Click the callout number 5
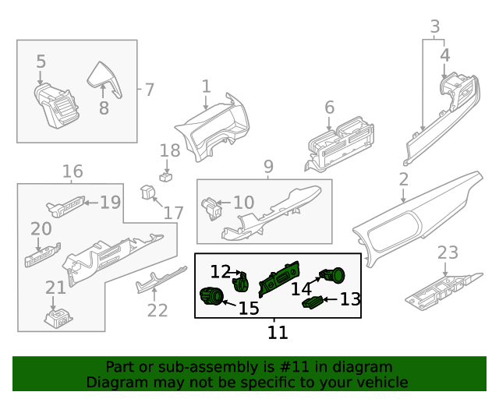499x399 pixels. pyautogui.click(x=41, y=62)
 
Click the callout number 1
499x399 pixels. pyautogui.click(x=206, y=86)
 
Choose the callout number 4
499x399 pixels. pyautogui.click(x=445, y=55)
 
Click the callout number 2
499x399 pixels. pyautogui.click(x=403, y=180)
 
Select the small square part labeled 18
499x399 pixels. pyautogui.click(x=165, y=176)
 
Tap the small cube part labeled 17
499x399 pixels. pyautogui.click(x=147, y=191)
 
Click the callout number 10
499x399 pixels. pyautogui.click(x=243, y=203)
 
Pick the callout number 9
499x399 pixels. pyautogui.click(x=268, y=167)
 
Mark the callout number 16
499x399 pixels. pyautogui.click(x=73, y=171)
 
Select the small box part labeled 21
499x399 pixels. pyautogui.click(x=56, y=316)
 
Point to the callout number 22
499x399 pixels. pyautogui.click(x=157, y=310)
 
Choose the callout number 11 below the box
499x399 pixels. pyautogui.click(x=278, y=333)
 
